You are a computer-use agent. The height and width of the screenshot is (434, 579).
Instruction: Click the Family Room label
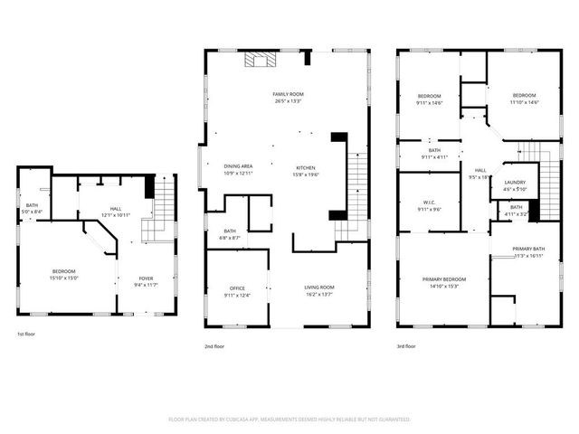click(x=288, y=94)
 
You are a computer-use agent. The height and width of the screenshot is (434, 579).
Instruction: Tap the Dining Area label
click(x=238, y=166)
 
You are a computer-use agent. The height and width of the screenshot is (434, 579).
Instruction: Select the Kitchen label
click(x=306, y=166)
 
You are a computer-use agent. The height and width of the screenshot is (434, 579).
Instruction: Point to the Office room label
click(x=237, y=288)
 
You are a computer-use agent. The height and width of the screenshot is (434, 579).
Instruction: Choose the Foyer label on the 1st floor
click(x=146, y=278)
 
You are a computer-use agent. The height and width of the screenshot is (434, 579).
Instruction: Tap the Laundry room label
click(x=515, y=183)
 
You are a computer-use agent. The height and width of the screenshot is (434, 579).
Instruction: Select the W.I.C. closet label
click(x=429, y=203)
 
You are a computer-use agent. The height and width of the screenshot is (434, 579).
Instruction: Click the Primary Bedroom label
click(x=444, y=279)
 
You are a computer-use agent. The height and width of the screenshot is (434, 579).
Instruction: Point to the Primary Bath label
click(x=527, y=249)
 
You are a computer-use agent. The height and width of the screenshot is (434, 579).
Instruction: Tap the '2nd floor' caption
click(x=214, y=345)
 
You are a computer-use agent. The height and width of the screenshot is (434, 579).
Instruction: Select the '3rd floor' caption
click(x=406, y=345)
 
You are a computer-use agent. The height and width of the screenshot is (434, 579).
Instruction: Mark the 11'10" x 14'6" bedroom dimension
click(x=524, y=102)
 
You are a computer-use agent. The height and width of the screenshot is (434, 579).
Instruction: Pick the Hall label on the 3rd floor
click(x=479, y=171)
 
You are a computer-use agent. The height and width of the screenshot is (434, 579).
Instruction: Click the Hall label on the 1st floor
click(x=116, y=209)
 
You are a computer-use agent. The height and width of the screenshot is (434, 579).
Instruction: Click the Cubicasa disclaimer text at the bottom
click(x=289, y=420)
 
